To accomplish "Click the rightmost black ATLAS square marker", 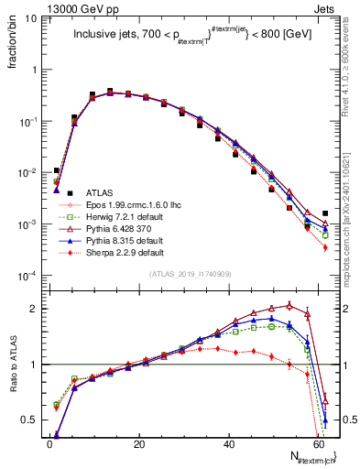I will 325,213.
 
